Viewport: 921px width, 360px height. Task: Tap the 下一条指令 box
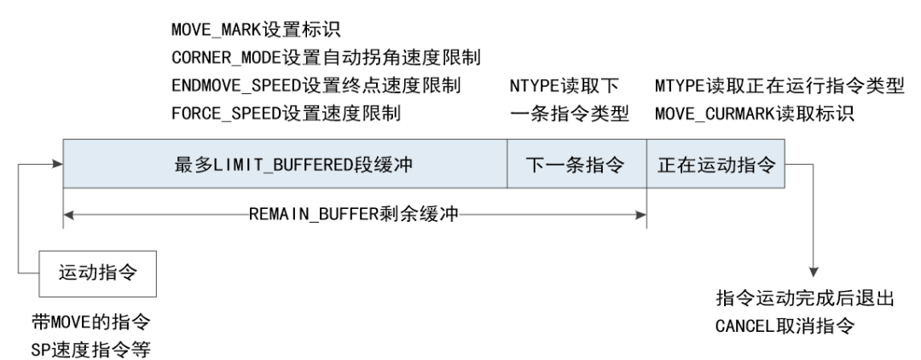[x=576, y=165]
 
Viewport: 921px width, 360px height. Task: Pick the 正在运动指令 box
[x=715, y=165]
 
